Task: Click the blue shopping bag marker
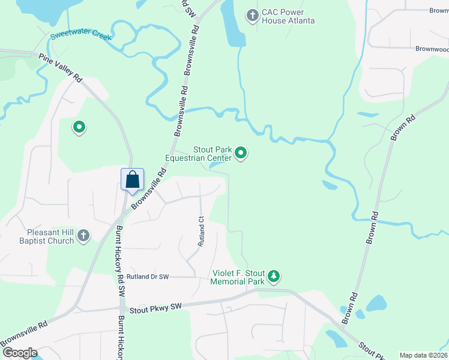click(x=132, y=179)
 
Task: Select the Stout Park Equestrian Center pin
click(x=241, y=154)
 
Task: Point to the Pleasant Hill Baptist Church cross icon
click(x=83, y=236)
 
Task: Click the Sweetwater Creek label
click(x=81, y=35)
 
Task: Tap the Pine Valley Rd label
click(x=60, y=67)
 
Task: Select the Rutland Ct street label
click(x=202, y=232)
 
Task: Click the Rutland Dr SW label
click(x=148, y=277)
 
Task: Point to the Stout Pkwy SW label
click(x=155, y=308)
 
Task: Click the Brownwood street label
click(x=432, y=49)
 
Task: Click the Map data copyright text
click(x=423, y=355)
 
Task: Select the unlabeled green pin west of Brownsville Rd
click(x=78, y=127)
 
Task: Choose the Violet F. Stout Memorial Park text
click(x=238, y=277)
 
